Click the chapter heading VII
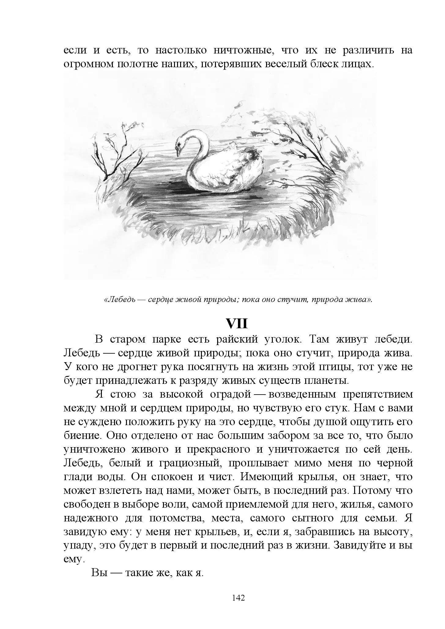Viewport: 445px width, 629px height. (x=236, y=323)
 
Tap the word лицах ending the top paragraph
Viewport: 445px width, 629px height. (x=356, y=64)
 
